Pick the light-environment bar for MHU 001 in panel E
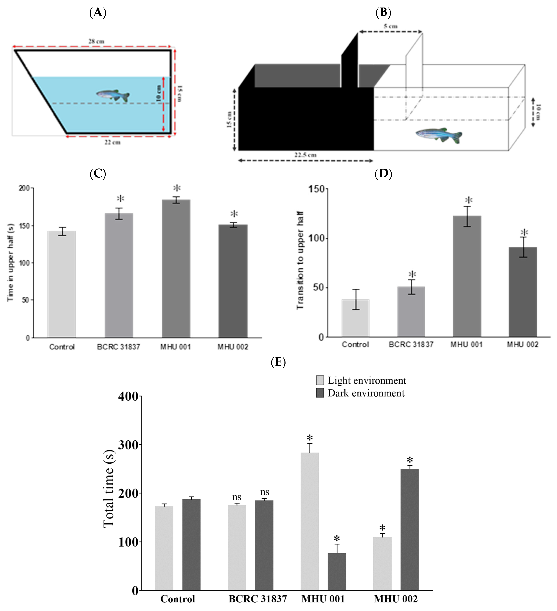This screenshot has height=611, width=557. pyautogui.click(x=310, y=521)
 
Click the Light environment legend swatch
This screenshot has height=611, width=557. pyautogui.click(x=320, y=380)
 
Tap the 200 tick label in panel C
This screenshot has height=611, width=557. pyautogui.click(x=24, y=188)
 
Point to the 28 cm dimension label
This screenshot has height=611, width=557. pyautogui.click(x=96, y=41)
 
